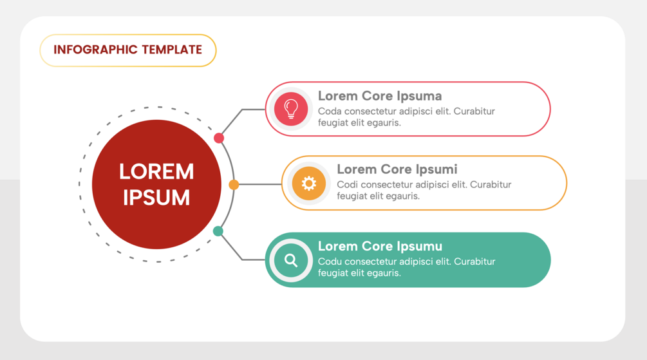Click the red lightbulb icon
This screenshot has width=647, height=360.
coord(291,109)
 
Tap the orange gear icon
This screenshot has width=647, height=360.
coord(309,184)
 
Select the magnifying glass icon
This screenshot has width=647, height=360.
coord(291,260)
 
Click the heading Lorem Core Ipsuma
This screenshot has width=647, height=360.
coord(380,96)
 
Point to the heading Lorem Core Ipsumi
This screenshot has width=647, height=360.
coord(397,169)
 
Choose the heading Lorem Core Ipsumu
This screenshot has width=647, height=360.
coord(380,246)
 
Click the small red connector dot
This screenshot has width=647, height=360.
coord(219,138)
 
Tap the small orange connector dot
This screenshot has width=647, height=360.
coord(234,185)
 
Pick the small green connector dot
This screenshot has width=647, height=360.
coord(218,231)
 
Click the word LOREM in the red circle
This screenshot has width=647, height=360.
coord(156,171)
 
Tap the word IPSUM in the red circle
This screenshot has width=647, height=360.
coord(156,198)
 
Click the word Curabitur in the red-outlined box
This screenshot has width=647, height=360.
coord(474,111)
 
